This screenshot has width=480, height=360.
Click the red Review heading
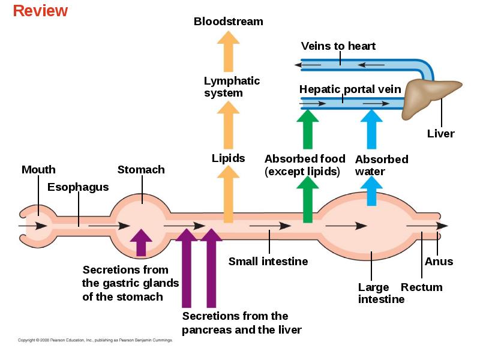click(40, 11)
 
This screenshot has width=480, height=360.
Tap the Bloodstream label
click(229, 22)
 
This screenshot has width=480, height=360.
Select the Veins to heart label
click(338, 46)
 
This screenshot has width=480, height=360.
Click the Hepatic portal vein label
click(350, 89)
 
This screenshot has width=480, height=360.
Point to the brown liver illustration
click(428, 98)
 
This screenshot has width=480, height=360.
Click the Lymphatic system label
click(232, 86)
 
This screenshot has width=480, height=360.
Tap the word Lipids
click(229, 158)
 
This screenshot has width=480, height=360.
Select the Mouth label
click(38, 170)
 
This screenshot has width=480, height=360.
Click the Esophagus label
click(78, 187)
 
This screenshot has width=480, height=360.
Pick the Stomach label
click(141, 170)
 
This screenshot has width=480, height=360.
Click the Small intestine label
click(268, 262)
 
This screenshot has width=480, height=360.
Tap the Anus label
click(439, 262)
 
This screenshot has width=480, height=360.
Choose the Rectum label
click(422, 287)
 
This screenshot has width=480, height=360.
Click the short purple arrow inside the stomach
click(141, 242)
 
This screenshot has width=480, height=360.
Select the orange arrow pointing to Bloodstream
click(229, 52)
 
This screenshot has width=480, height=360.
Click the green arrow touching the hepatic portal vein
click(308, 129)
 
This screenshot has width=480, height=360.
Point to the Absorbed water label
click(382, 166)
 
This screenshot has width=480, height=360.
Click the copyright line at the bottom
click(95, 340)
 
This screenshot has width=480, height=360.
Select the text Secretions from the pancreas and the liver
click(242, 323)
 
